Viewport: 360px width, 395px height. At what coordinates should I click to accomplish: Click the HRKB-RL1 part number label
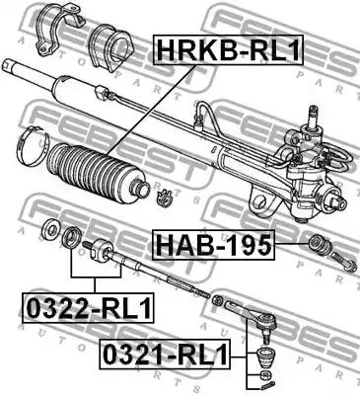click(228, 49)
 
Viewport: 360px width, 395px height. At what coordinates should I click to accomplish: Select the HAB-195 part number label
click(214, 245)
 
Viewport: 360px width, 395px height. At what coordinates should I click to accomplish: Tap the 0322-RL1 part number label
click(88, 307)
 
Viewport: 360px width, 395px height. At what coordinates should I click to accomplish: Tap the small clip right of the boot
click(164, 197)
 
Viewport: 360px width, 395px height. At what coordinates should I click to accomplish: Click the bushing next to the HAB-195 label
click(319, 245)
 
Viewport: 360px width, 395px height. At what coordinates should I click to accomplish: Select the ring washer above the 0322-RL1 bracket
click(71, 236)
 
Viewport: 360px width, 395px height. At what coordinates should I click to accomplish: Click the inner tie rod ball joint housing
click(99, 249)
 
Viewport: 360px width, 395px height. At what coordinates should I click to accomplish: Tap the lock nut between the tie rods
click(218, 300)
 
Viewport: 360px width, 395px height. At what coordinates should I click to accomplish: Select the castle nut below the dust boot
click(263, 374)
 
